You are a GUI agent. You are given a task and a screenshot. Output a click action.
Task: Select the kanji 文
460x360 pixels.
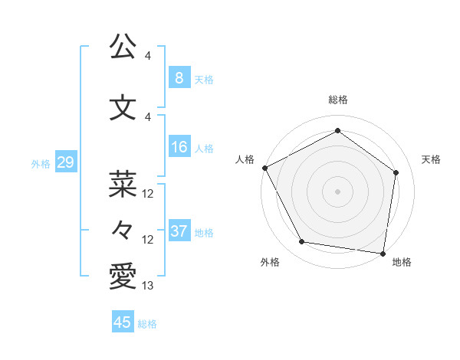point(123,107)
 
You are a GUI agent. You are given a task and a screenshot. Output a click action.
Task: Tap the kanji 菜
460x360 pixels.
point(123,184)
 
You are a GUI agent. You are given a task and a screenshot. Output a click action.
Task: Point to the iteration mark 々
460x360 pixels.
point(123,230)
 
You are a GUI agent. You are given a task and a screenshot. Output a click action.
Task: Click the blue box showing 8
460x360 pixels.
point(179,77)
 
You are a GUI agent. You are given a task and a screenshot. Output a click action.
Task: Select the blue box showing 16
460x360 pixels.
point(179,147)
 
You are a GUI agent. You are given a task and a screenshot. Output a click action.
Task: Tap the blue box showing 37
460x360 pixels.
point(179,231)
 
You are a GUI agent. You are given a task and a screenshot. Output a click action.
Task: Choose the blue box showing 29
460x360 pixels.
point(65,162)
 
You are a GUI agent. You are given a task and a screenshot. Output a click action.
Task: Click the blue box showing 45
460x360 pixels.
point(123,322)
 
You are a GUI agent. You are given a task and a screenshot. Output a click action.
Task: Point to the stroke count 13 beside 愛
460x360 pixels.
point(148,286)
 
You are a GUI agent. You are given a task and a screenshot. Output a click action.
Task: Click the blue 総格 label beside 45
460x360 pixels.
point(147,324)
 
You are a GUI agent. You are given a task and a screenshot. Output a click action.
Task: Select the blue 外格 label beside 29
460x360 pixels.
point(41,163)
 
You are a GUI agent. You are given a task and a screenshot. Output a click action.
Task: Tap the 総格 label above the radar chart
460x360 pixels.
point(337,100)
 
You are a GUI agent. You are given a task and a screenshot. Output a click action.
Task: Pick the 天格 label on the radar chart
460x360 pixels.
point(432,159)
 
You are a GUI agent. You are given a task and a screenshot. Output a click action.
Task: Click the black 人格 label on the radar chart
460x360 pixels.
point(245,159)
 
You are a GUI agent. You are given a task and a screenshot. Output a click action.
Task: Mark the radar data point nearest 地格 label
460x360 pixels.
point(383,253)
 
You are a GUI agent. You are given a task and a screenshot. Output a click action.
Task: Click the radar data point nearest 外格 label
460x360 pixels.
point(302,242)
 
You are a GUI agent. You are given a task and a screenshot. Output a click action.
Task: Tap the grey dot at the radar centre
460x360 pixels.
point(337,191)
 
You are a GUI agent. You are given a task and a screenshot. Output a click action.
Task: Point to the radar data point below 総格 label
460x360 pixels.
point(337,131)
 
